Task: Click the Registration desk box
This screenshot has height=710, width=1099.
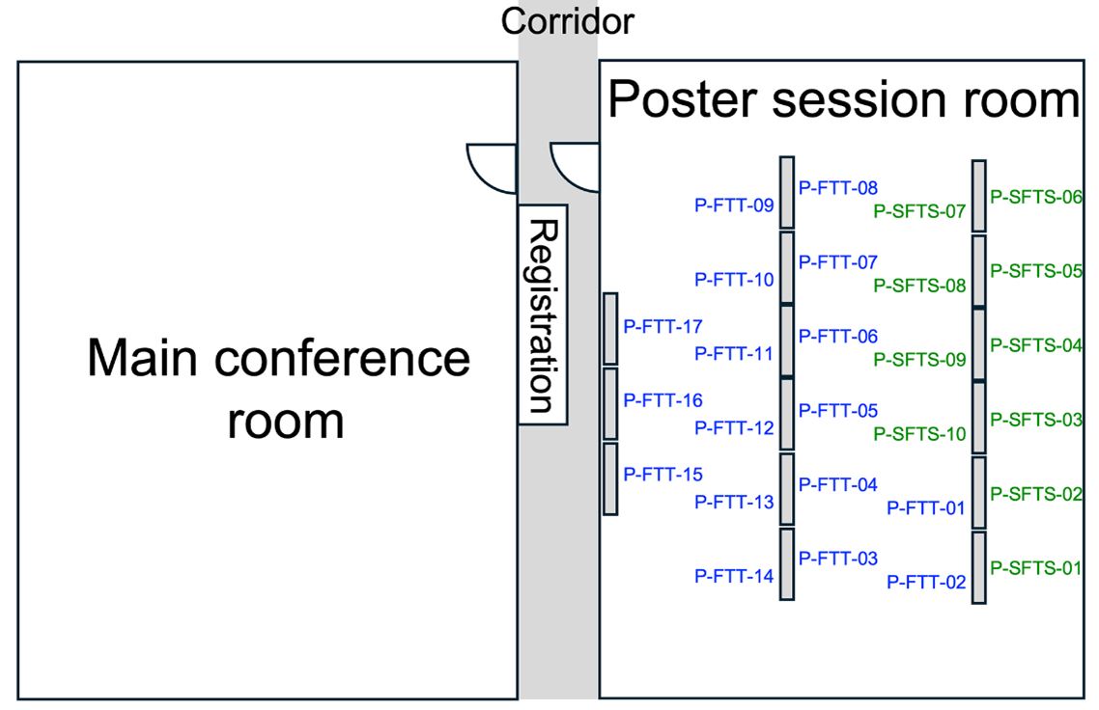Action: click(x=542, y=314)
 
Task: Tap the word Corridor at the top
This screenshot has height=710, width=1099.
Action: click(x=567, y=20)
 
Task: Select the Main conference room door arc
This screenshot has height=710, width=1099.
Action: click(x=489, y=164)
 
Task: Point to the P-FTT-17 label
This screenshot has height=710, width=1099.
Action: click(x=663, y=326)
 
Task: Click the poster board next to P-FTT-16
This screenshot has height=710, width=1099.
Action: click(x=610, y=403)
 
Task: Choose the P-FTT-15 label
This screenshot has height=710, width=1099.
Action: click(x=663, y=475)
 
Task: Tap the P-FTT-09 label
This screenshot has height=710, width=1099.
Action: click(x=734, y=205)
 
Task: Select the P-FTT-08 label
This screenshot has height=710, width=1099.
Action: click(x=837, y=188)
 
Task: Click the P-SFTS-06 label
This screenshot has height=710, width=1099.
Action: click(x=1036, y=198)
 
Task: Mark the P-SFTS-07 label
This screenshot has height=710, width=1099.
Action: click(x=919, y=211)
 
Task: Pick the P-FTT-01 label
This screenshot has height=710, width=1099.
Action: click(x=926, y=507)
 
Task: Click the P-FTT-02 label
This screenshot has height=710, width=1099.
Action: click(x=926, y=582)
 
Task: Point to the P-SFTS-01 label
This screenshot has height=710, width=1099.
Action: click(x=1036, y=567)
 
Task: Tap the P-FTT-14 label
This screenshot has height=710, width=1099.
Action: click(x=734, y=577)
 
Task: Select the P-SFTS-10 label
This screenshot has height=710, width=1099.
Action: click(x=919, y=434)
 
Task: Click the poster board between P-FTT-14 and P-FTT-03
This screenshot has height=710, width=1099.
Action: click(x=787, y=564)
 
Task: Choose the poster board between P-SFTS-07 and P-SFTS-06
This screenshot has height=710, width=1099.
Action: click(x=979, y=196)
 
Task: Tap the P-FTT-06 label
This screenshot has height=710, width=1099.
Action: click(x=837, y=337)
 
